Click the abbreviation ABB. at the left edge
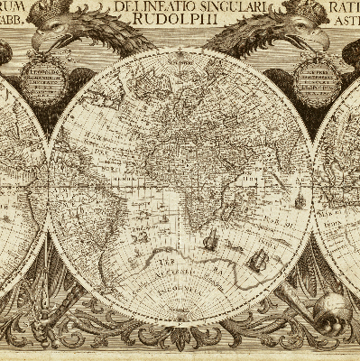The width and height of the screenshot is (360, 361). coord(12,24)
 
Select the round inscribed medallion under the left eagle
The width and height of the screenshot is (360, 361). coord(44,82)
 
